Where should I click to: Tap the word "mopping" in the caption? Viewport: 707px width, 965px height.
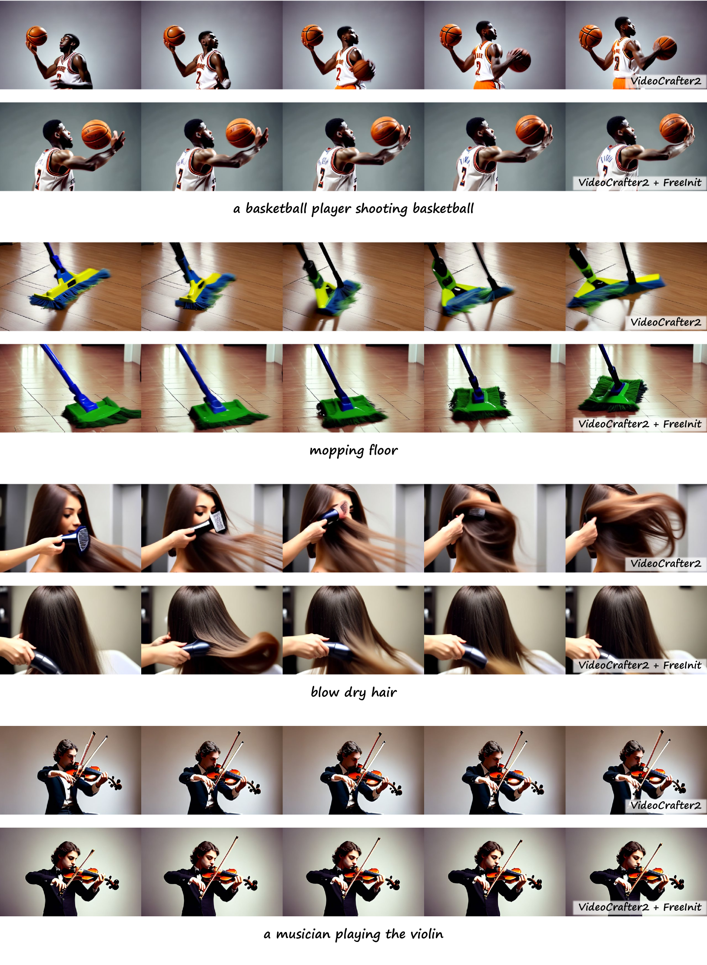[337, 451]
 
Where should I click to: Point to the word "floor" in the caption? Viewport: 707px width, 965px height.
[383, 450]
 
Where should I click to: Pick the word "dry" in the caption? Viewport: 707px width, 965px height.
[355, 692]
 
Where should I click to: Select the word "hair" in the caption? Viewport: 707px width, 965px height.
[384, 692]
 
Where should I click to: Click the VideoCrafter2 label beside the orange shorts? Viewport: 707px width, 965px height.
[666, 81]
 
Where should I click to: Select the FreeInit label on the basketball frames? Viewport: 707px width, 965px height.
[682, 183]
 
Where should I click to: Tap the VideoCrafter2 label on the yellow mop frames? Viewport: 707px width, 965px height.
[666, 322]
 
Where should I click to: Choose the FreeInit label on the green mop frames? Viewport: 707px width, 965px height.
[682, 424]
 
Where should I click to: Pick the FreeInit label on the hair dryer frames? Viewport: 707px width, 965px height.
[682, 665]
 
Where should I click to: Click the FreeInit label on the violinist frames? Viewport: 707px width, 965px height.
[682, 907]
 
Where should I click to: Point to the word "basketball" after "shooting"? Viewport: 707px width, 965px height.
[443, 208]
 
